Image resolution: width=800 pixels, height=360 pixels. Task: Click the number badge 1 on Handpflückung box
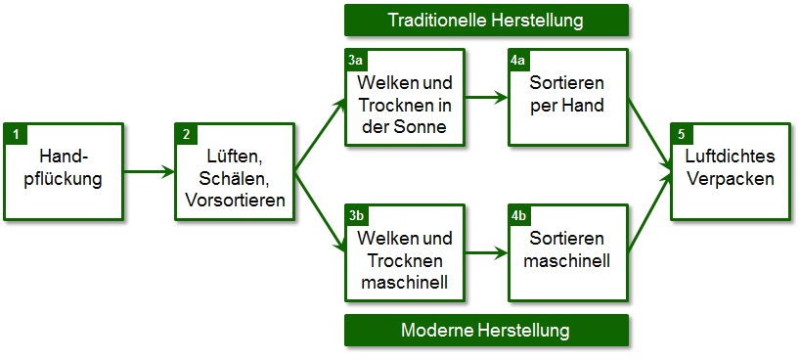[14, 131]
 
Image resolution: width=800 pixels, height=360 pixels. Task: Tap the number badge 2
[184, 131]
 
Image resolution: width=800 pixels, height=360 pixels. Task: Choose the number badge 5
[680, 131]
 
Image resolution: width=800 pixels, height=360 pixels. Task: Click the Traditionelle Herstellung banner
[485, 20]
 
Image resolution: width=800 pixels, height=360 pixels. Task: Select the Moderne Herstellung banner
[485, 331]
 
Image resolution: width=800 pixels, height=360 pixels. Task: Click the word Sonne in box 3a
[424, 125]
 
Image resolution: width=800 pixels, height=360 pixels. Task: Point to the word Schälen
[234, 179]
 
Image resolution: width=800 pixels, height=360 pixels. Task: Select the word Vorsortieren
[235, 201]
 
